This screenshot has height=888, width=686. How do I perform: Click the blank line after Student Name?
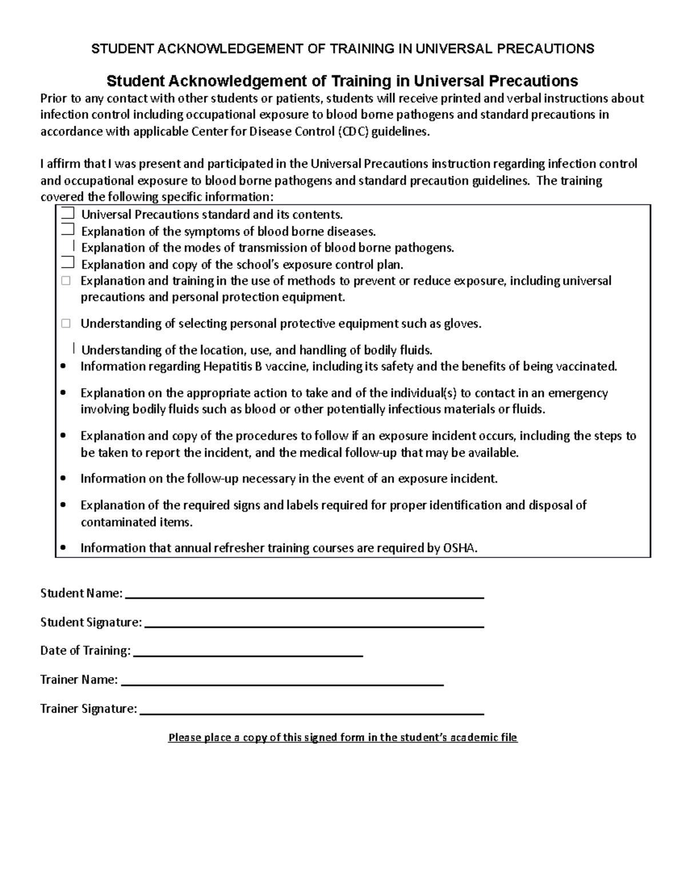click(304, 596)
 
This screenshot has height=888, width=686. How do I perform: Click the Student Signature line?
click(314, 626)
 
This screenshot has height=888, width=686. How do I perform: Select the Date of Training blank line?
click(248, 654)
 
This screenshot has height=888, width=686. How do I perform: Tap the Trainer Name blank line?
click(282, 683)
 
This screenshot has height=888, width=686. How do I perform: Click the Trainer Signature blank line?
click(312, 712)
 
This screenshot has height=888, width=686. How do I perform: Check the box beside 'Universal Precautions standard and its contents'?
click(67, 214)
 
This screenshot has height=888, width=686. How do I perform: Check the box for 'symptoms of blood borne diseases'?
click(67, 230)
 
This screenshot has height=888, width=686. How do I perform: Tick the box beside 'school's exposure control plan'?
click(67, 264)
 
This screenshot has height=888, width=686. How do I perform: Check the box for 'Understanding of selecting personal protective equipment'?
click(66, 324)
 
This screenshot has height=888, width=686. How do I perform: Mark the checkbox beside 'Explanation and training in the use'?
click(66, 281)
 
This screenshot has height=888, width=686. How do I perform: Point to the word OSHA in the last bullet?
click(459, 548)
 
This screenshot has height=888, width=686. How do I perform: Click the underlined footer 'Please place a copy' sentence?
click(342, 738)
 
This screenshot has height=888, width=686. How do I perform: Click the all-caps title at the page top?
click(342, 49)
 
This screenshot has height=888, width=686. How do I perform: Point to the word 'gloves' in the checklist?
click(461, 324)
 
